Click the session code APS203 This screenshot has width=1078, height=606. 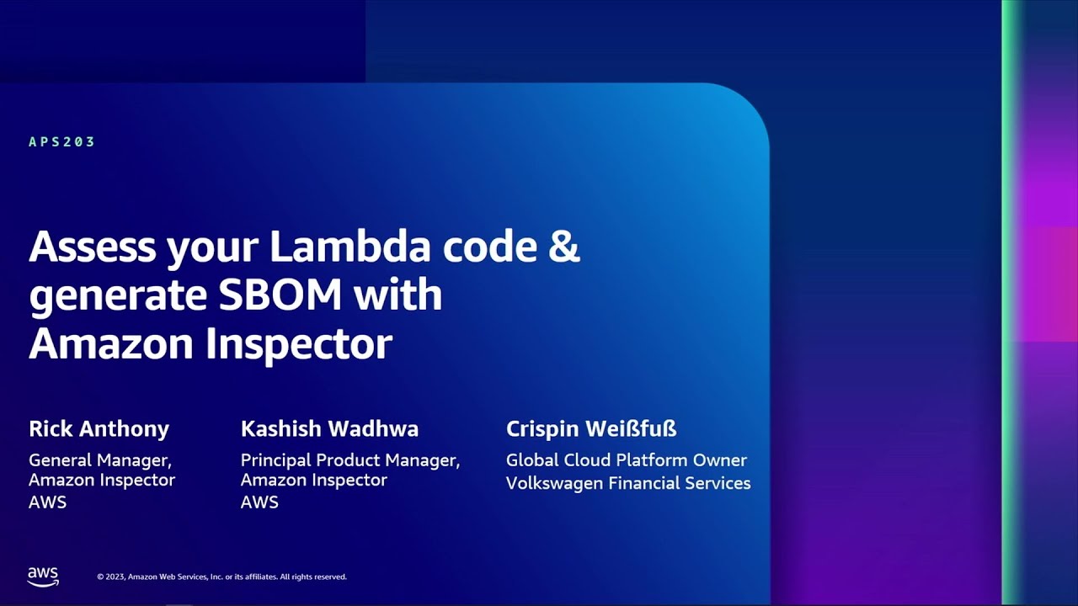pos(61,142)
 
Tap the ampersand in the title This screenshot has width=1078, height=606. pos(564,246)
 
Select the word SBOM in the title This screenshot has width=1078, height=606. pos(280,295)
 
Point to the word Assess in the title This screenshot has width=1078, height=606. pos(93,246)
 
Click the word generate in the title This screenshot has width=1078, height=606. pos(119,297)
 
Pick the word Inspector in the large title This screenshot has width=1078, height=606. pos(299,345)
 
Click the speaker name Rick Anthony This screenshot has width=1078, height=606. pos(99,428)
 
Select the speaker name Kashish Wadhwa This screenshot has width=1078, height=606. pos(329,428)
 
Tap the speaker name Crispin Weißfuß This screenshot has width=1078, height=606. pos(591,428)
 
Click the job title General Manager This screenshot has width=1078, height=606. pos(100,460)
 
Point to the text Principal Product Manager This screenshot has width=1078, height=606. pos(350,460)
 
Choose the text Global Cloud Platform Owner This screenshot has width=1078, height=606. pos(627,460)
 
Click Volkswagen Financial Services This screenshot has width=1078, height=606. pos(628,483)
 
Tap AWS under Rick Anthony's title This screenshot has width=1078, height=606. pos(48,502)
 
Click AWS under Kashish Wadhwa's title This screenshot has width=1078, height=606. pos(259,502)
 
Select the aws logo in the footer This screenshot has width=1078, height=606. pos(43,577)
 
